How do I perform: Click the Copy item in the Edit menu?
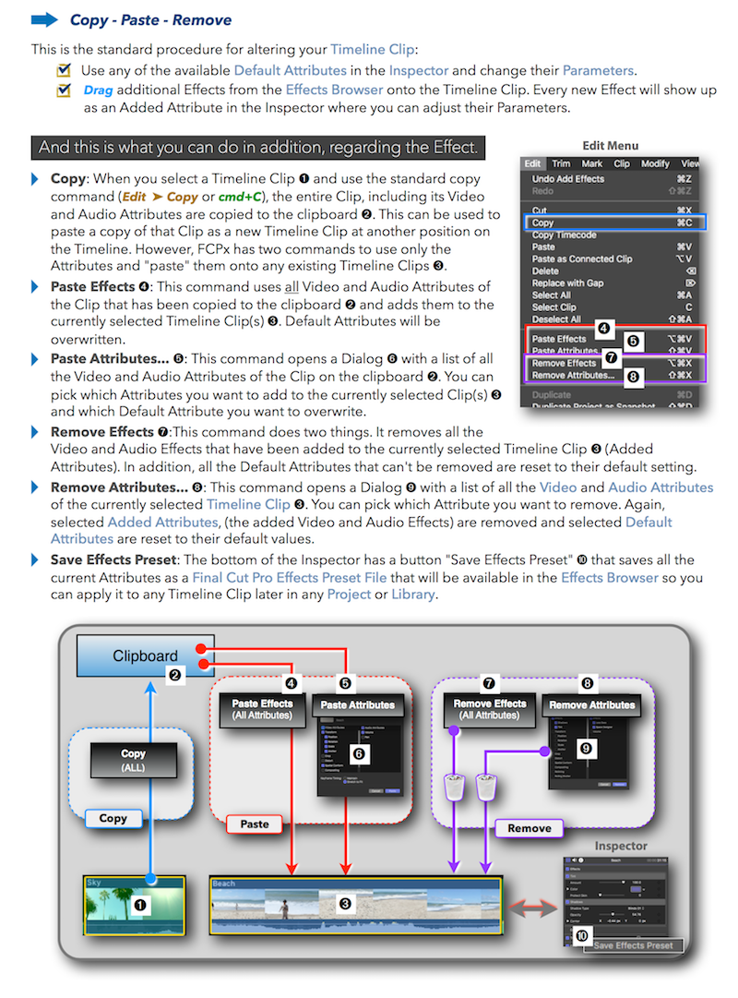tap(544, 222)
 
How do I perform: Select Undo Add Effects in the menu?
tap(567, 178)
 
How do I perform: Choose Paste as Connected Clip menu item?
tap(581, 259)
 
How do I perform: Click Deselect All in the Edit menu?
tap(556, 319)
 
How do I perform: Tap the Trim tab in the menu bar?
tap(560, 163)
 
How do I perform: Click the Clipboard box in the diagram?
tap(146, 656)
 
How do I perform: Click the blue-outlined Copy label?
tap(113, 818)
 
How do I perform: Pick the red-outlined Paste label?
tap(255, 824)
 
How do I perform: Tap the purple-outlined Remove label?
tap(530, 828)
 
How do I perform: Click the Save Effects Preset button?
tap(633, 944)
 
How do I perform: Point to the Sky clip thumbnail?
tap(135, 905)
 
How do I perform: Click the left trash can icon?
tap(454, 788)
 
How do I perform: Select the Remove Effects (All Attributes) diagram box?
tap(489, 710)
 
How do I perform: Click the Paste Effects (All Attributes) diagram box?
tap(262, 710)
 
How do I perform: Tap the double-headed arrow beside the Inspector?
tap(531, 909)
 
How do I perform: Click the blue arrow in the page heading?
tap(44, 19)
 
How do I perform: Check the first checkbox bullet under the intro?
tap(64, 70)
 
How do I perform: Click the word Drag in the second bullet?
tap(98, 90)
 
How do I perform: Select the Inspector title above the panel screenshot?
tap(621, 846)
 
